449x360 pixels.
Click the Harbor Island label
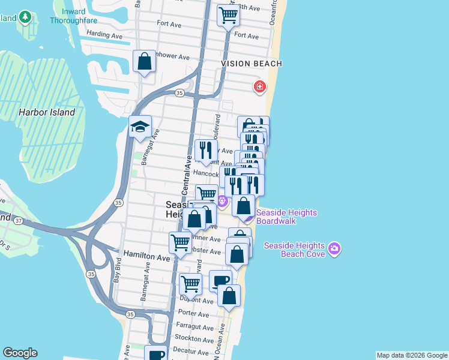tap(47, 112)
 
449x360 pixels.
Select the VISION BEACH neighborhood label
tap(252, 63)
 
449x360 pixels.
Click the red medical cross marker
tap(259, 87)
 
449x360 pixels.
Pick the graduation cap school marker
tap(140, 127)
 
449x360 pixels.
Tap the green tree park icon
tap(25, 16)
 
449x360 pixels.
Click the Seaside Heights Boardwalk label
tap(287, 217)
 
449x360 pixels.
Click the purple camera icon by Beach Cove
tap(334, 248)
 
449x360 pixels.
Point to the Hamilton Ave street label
tap(146, 257)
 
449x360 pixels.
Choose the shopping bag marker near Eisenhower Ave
tap(145, 61)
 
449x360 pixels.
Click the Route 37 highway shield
tap(19, 221)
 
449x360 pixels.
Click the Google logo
tap(20, 353)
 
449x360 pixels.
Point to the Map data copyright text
tap(411, 355)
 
